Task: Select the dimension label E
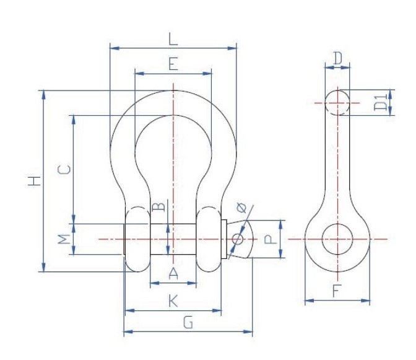coord(173,64)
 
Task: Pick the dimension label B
coord(158,206)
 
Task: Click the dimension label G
coord(188,322)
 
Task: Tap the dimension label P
coord(271,239)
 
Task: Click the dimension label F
coord(337,291)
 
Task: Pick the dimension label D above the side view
coord(337,59)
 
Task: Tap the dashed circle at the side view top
coord(337,102)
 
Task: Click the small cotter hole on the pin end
coord(237,239)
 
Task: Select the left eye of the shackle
coord(137,239)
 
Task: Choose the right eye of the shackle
coord(209,239)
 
